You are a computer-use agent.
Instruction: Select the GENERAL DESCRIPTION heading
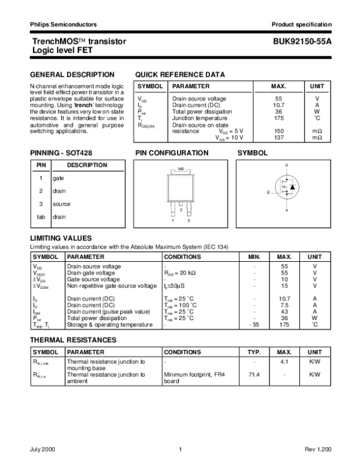pyautogui.click(x=71, y=74)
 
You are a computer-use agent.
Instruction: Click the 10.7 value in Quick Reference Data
pyautogui.click(x=278, y=104)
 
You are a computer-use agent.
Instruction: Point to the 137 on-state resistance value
pyautogui.click(x=278, y=138)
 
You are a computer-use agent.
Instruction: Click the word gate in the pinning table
pyautogui.click(x=58, y=178)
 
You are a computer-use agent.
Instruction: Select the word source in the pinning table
pyautogui.click(x=61, y=204)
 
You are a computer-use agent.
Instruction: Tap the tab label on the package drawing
pyautogui.click(x=181, y=169)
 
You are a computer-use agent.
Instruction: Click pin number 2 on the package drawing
pyautogui.click(x=181, y=210)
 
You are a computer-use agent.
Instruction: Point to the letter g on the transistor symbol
pyautogui.click(x=268, y=192)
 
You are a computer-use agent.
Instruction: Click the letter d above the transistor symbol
pyautogui.click(x=286, y=165)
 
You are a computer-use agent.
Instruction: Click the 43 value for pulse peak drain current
pyautogui.click(x=285, y=312)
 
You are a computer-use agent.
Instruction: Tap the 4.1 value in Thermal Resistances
pyautogui.click(x=285, y=362)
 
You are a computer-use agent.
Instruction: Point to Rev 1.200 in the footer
pyautogui.click(x=318, y=449)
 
